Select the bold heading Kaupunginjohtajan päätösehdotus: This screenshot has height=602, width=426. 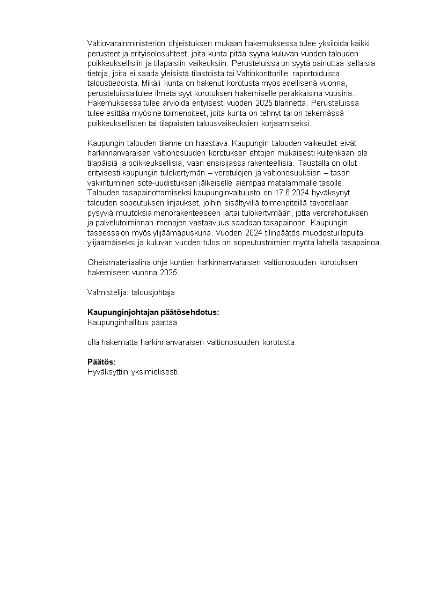pyautogui.click(x=153, y=313)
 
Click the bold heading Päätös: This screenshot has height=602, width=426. pyautogui.click(x=101, y=362)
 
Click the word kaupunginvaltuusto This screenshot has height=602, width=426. pyautogui.click(x=229, y=193)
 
